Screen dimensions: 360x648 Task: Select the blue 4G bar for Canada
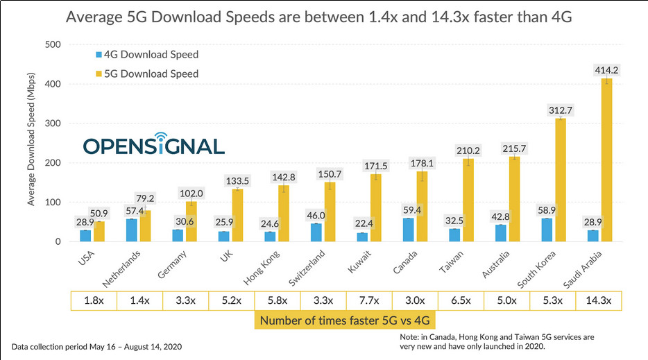pos(407,230)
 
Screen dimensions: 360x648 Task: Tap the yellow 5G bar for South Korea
pos(561,180)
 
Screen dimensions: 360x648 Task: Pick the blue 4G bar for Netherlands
pos(132,230)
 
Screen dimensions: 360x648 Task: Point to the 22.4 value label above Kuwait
pos(361,222)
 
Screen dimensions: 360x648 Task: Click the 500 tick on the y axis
pos(52,45)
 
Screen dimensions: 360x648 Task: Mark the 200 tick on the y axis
pos(52,163)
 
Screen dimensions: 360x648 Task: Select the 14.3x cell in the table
pos(598,300)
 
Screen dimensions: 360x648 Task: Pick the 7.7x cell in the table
pos(368,300)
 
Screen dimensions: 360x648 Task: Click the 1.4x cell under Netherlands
pos(139,300)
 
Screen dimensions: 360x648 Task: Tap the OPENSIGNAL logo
pos(153,144)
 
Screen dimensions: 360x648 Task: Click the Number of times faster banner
pos(346,320)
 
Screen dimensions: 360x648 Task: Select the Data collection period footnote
pos(96,345)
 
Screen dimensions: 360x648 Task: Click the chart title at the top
pos(318,17)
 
